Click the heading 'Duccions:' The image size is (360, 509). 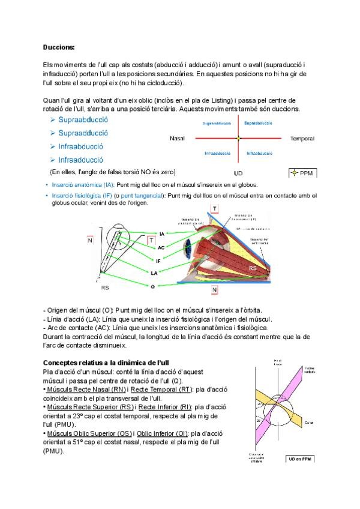click(x=59, y=47)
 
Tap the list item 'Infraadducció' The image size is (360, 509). click(x=80, y=160)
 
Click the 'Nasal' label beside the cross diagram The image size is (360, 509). click(x=178, y=139)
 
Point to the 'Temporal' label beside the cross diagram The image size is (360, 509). click(x=302, y=139)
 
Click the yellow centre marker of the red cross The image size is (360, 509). click(x=238, y=139)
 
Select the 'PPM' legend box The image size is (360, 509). click(x=303, y=173)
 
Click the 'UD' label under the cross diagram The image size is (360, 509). click(x=239, y=172)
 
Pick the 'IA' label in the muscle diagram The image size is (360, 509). click(x=161, y=233)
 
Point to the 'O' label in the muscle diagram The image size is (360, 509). click(x=153, y=287)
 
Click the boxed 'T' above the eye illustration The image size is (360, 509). click(x=214, y=209)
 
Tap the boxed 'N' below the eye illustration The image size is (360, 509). click(x=215, y=290)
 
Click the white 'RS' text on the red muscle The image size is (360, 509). click(x=254, y=268)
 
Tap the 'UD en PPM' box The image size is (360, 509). click(x=300, y=458)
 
